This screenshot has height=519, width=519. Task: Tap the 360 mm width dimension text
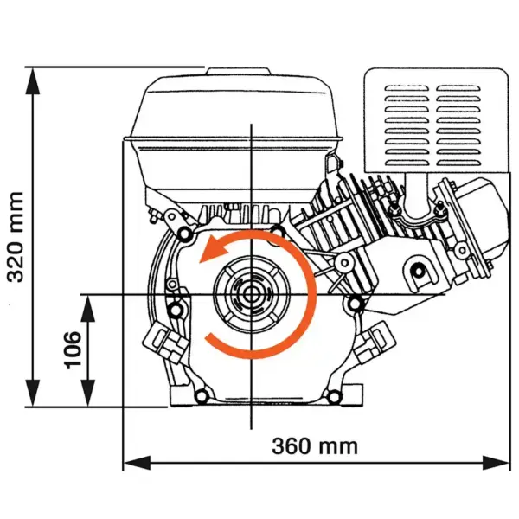(x=315, y=446)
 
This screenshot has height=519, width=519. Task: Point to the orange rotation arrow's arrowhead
(x=208, y=253)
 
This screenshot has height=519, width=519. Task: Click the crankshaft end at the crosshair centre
(x=252, y=295)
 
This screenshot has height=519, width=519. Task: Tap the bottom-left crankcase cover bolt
(x=202, y=396)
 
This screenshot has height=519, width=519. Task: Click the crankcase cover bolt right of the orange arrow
(x=352, y=304)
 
